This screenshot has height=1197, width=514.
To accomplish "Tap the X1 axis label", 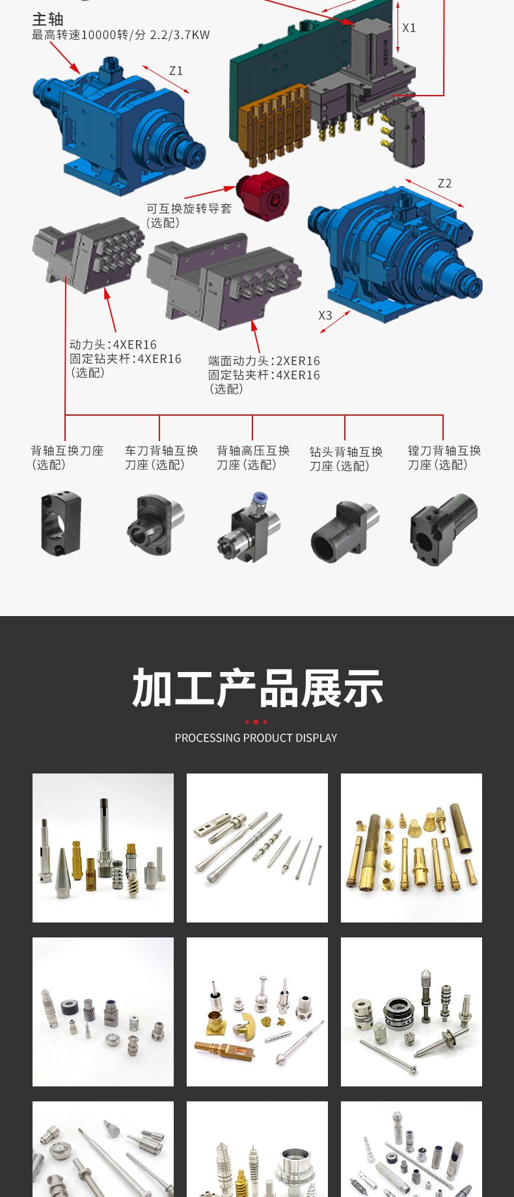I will pyautogui.click(x=409, y=28).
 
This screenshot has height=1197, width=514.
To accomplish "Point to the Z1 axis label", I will pyautogui.click(x=176, y=71).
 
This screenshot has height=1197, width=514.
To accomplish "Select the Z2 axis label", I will pyautogui.click(x=444, y=183).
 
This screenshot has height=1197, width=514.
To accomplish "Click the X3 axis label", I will pyautogui.click(x=325, y=316).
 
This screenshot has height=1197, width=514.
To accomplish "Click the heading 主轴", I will pyautogui.click(x=47, y=20).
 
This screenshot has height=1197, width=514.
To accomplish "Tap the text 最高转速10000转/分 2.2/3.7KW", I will pyautogui.click(x=121, y=35).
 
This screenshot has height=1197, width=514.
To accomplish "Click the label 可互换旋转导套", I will pyautogui.click(x=189, y=209).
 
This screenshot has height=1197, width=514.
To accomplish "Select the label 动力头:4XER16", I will pyautogui.click(x=113, y=345).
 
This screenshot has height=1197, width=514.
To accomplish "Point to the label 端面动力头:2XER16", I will pyautogui.click(x=264, y=361).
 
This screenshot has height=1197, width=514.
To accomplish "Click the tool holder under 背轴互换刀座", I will pyautogui.click(x=61, y=524).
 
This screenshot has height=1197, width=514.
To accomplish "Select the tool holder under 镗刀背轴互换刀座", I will pyautogui.click(x=443, y=528).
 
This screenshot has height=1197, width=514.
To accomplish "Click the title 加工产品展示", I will pyautogui.click(x=257, y=688).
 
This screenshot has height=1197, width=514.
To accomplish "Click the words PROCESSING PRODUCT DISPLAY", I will pyautogui.click(x=256, y=738).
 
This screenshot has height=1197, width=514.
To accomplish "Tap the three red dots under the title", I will pyautogui.click(x=256, y=722).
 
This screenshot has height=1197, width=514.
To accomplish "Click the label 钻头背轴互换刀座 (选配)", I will pyautogui.click(x=345, y=459).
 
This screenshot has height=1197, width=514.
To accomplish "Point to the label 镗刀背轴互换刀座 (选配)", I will pyautogui.click(x=444, y=457).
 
